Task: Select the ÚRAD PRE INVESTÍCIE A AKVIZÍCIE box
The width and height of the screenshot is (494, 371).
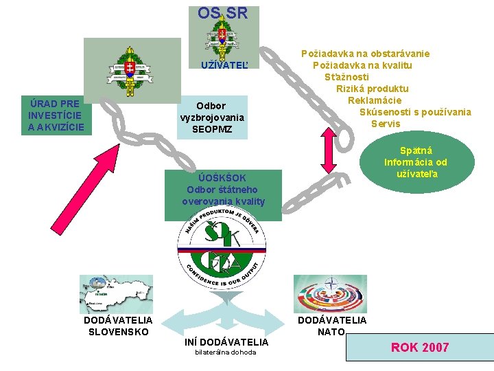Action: (x=56, y=115)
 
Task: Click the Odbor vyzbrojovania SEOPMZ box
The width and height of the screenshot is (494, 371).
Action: (x=211, y=117)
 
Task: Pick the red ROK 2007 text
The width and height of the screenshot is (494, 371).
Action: (x=419, y=348)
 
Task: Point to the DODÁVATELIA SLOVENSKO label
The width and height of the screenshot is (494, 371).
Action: (x=118, y=326)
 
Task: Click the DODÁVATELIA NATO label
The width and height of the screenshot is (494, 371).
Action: (x=331, y=326)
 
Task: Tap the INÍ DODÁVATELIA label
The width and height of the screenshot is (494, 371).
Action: (x=226, y=342)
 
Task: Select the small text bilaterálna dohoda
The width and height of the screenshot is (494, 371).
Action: (x=226, y=352)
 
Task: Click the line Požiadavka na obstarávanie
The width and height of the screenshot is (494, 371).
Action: (x=375, y=54)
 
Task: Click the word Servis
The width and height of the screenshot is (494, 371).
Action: (x=386, y=124)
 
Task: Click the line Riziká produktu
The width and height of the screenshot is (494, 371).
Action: (x=372, y=89)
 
